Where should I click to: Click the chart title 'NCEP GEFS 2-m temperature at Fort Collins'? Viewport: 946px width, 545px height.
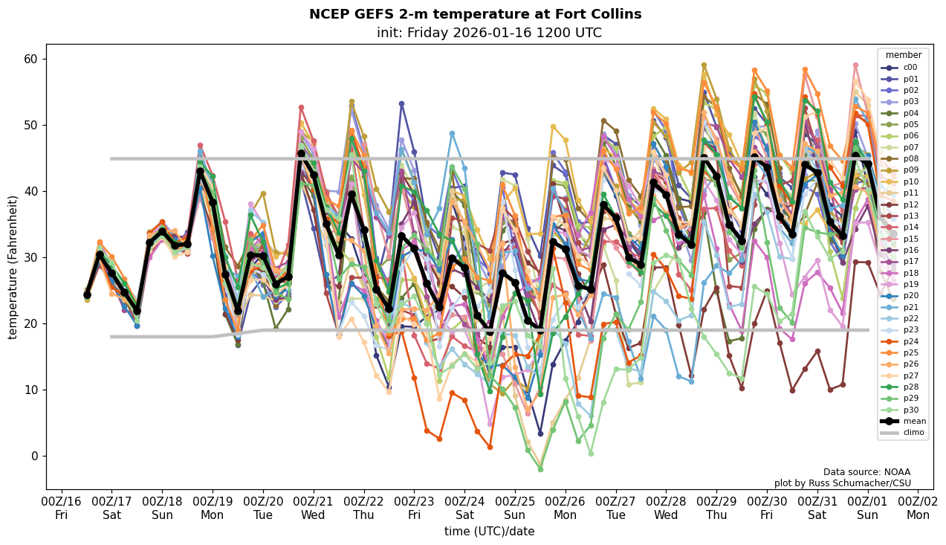click(x=475, y=14)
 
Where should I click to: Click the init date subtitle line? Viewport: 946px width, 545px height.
click(x=489, y=33)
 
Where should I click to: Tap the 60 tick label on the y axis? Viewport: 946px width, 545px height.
click(x=31, y=59)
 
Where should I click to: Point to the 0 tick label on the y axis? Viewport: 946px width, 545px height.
click(x=35, y=457)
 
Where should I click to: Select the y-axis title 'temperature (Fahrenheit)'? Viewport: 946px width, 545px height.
click(x=13, y=267)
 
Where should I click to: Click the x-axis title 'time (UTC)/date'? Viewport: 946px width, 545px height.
click(x=489, y=532)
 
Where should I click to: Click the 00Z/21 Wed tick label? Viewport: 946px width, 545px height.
click(x=314, y=507)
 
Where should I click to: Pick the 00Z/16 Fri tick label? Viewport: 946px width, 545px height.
click(x=62, y=507)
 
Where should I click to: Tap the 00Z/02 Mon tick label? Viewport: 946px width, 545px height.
click(x=919, y=507)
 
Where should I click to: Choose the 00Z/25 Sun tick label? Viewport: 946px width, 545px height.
click(x=515, y=507)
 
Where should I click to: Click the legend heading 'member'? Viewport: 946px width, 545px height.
click(x=903, y=55)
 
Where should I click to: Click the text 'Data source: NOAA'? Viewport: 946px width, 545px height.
click(x=866, y=472)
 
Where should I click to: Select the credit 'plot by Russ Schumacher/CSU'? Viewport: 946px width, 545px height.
click(x=842, y=483)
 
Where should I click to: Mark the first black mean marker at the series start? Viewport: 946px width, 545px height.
click(x=87, y=294)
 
